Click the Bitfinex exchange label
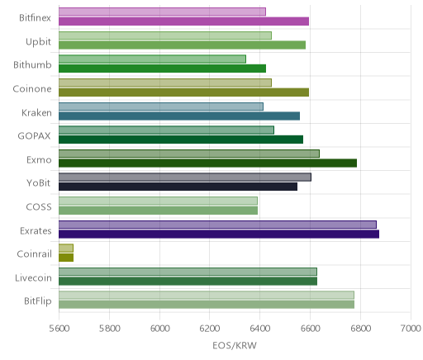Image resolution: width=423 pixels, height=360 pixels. (x=35, y=18)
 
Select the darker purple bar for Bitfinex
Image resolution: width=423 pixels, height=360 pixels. (x=183, y=21)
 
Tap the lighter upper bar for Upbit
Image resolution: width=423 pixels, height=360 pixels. (x=165, y=36)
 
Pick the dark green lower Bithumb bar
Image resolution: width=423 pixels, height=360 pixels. (x=162, y=69)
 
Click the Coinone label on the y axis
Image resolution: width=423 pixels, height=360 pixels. (x=32, y=89)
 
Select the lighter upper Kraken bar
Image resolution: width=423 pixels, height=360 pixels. (x=161, y=107)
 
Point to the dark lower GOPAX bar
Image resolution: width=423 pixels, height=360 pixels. (x=181, y=140)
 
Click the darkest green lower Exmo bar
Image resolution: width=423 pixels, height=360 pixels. (x=207, y=163)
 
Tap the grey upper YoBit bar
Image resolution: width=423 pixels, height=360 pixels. (x=185, y=178)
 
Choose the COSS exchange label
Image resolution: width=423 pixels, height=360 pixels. (x=39, y=207)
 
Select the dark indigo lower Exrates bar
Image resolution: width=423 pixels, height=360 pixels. (x=219, y=234)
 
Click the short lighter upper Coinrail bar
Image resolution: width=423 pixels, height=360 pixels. (x=66, y=249)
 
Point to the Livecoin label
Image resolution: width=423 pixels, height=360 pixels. (x=33, y=278)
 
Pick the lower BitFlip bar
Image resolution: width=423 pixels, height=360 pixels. (x=207, y=305)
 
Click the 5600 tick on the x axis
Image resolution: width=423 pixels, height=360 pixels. (x=59, y=329)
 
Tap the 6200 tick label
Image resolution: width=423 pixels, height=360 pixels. (x=210, y=329)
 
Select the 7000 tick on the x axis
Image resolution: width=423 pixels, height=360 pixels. (x=411, y=329)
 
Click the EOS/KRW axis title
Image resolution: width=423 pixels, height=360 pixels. (x=235, y=346)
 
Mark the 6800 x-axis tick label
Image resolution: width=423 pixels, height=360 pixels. (x=360, y=329)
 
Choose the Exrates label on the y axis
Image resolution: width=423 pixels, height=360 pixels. (x=36, y=231)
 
